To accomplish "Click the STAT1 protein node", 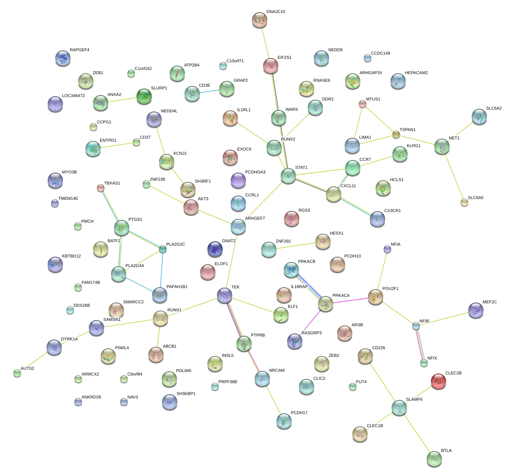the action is point(288,175).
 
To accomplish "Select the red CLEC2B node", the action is point(438,381).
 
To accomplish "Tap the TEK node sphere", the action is point(225,295).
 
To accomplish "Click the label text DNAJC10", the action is point(276,12).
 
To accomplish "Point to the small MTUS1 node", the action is point(362,104).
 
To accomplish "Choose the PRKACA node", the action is point(325,304).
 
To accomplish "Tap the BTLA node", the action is point(434,458).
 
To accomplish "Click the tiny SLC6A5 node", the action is point(464,202).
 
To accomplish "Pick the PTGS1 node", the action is point(122,227).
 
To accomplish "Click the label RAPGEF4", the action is point(79,50).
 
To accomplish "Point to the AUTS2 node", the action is point(17,373).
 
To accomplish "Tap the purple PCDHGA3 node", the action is point(238,180).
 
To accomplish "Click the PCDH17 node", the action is point(284,421).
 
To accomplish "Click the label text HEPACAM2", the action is point(416,73).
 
